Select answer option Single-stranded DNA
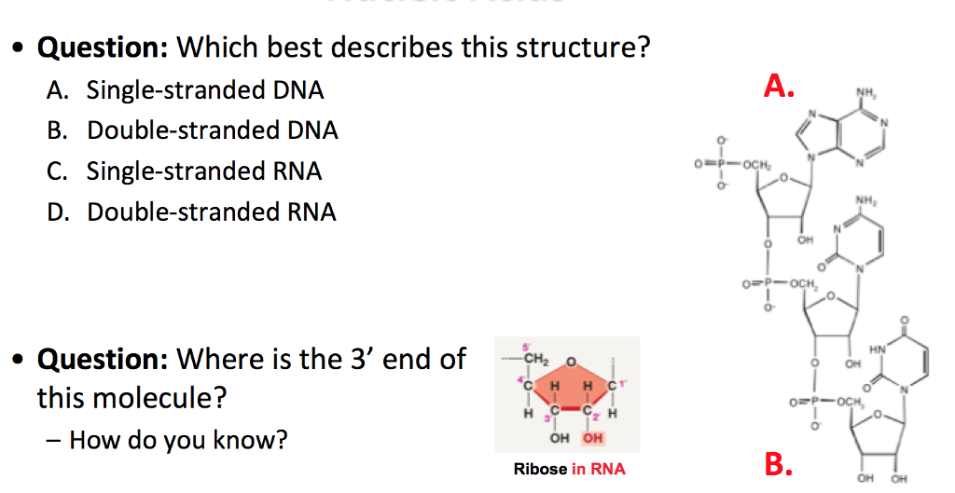(x=205, y=90)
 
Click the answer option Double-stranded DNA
(x=212, y=130)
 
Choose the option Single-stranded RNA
(x=204, y=171)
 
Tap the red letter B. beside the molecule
(x=779, y=464)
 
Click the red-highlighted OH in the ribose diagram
(x=592, y=438)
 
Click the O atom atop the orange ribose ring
(x=570, y=359)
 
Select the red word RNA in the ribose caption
(x=607, y=469)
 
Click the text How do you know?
(x=178, y=439)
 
